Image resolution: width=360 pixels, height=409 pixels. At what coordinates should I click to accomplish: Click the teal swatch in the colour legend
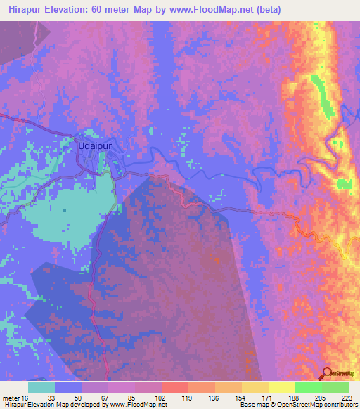click(x=41, y=387)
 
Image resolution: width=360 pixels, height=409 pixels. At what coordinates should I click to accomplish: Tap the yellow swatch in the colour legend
click(x=282, y=387)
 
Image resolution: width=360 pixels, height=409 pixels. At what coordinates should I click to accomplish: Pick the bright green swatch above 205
click(x=309, y=387)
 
